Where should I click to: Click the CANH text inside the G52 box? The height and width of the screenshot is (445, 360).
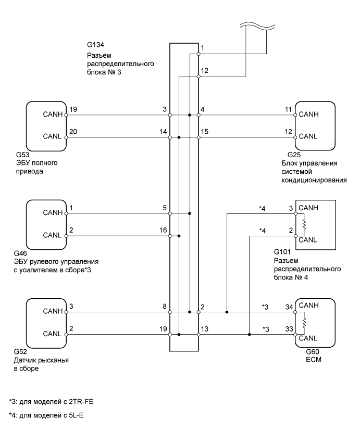pos(53,312)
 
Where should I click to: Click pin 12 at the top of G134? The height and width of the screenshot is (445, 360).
pos(205,71)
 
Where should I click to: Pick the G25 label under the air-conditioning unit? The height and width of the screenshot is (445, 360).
pos(294,155)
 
